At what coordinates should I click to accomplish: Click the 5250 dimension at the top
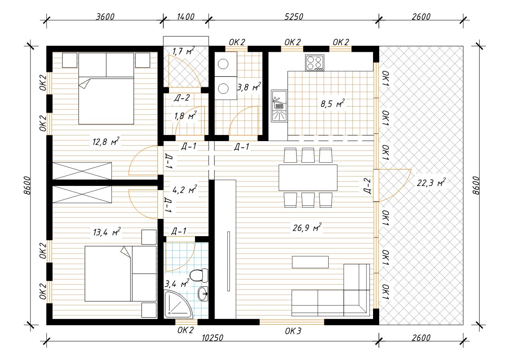click(294, 16)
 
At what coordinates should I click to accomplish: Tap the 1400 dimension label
click(185, 16)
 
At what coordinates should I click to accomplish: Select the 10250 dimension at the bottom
click(212, 338)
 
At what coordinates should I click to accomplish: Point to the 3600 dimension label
click(105, 16)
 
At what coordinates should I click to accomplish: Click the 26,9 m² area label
click(307, 227)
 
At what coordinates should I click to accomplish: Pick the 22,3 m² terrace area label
click(431, 183)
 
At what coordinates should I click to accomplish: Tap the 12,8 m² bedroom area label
click(106, 142)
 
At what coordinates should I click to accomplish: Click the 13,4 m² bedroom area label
click(107, 232)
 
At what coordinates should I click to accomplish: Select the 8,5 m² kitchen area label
click(332, 104)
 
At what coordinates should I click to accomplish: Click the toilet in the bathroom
click(199, 275)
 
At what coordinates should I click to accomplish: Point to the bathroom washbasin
click(203, 294)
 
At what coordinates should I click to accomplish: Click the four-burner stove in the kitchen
click(315, 63)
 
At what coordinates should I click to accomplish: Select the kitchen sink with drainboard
click(279, 106)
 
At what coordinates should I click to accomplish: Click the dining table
click(308, 178)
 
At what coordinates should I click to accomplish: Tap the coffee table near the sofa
click(311, 262)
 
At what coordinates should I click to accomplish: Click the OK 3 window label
click(293, 331)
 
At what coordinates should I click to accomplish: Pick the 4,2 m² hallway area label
click(185, 189)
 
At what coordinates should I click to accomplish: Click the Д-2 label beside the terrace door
click(367, 186)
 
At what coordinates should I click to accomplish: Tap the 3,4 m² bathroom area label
click(177, 283)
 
